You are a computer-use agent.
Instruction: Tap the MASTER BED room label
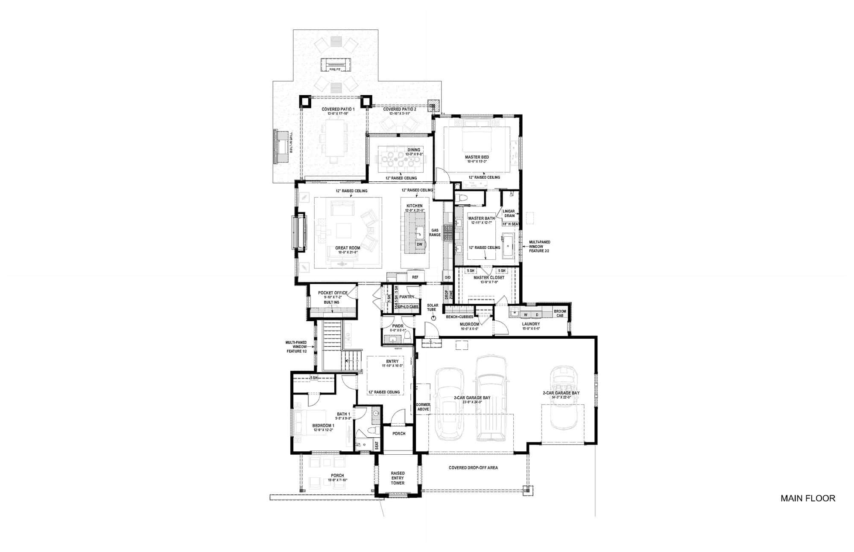[477, 157]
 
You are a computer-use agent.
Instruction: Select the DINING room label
[413, 150]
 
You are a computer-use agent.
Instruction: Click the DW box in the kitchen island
[419, 244]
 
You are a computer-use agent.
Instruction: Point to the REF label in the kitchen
[415, 277]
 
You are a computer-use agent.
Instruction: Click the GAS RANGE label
[435, 232]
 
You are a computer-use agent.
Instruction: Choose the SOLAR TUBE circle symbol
[433, 318]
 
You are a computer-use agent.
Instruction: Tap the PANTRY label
[407, 297]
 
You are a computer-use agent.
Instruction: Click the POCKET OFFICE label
[333, 293]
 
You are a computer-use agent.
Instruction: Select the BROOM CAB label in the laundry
[560, 313]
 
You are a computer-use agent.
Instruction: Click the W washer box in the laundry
[525, 315]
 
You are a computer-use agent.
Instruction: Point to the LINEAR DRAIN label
[509, 213]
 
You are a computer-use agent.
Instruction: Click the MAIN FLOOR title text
[807, 498]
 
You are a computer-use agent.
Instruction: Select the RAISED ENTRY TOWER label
[398, 478]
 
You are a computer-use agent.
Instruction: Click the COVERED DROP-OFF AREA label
[473, 468]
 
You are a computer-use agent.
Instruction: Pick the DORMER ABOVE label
[423, 407]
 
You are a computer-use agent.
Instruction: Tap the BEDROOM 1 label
[323, 425]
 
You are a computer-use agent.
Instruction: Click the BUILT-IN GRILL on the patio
[282, 147]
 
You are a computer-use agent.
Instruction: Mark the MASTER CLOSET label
[488, 278]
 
